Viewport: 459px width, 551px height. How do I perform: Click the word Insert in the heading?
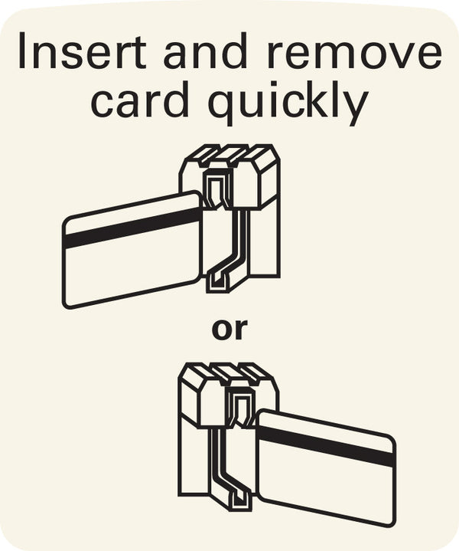click(82, 51)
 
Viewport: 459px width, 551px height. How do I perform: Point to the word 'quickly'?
click(288, 103)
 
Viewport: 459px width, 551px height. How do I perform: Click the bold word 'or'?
click(229, 330)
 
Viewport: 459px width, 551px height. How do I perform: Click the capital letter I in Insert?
click(22, 51)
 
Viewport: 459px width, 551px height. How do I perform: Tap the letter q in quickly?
click(220, 108)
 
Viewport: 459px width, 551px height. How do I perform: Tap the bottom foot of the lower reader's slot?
click(240, 500)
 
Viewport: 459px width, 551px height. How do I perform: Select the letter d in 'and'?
click(234, 51)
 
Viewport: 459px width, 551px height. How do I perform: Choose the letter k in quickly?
click(317, 100)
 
